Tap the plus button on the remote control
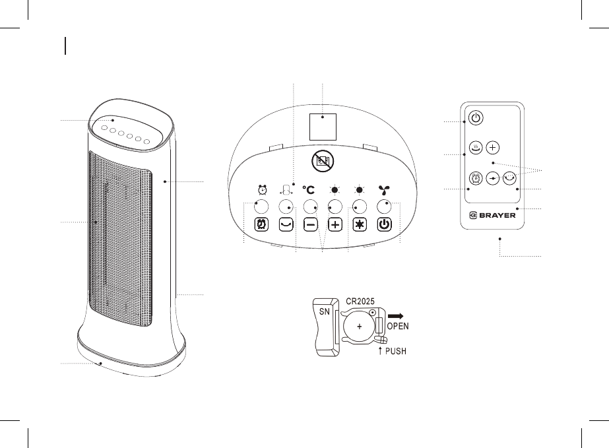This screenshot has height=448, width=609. (x=494, y=147)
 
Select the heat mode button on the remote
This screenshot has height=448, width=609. (x=475, y=147)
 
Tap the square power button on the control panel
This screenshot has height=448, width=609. (x=386, y=225)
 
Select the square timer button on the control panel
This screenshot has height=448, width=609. (x=261, y=225)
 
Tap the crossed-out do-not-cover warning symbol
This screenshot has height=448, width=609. (x=323, y=160)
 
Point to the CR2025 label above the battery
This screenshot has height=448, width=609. (x=362, y=302)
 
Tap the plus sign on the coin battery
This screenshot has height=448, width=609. (x=360, y=327)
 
